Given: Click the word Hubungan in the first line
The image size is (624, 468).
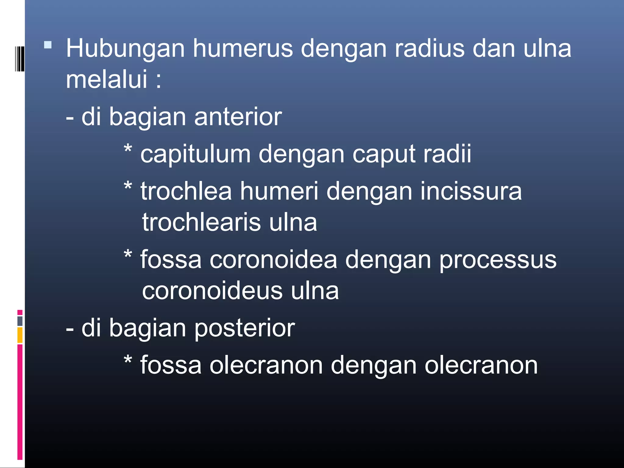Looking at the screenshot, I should click(125, 49).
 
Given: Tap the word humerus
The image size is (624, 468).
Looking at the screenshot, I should click(243, 49).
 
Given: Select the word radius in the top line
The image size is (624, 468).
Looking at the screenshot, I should click(430, 49).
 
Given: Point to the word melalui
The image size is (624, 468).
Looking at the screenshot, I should click(107, 80).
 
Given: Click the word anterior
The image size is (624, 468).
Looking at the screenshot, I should click(238, 117).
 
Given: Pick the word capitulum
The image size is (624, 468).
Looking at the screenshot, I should click(195, 155).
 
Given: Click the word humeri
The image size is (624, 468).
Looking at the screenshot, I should click(279, 192).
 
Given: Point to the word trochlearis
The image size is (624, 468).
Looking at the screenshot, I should click(201, 222).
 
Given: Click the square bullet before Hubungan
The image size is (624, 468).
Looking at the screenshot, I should click(48, 45).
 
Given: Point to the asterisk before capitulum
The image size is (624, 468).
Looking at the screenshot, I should click(128, 149).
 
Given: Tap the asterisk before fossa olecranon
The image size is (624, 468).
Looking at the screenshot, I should click(128, 360).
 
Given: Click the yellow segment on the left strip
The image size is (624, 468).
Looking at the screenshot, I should click(20, 335).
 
